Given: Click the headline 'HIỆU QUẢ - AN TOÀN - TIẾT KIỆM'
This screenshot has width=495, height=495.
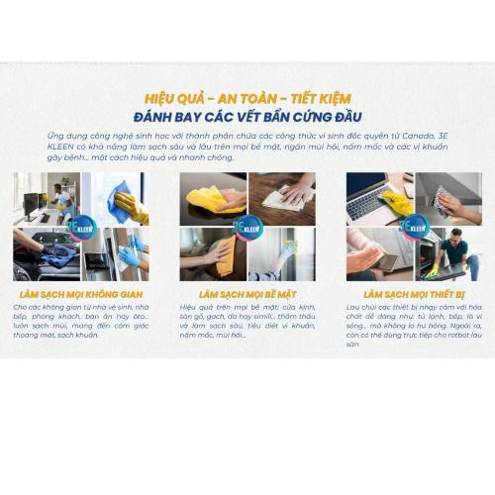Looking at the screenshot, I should (x=247, y=99).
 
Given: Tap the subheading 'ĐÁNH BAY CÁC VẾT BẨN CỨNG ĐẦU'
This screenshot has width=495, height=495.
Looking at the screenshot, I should (x=247, y=117).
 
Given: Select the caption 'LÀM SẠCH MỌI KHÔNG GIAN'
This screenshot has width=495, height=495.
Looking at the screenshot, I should (x=81, y=294).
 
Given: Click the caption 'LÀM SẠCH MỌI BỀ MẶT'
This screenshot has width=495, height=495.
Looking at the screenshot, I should (x=247, y=294).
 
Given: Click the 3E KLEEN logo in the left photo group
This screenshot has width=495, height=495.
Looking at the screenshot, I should (x=81, y=227).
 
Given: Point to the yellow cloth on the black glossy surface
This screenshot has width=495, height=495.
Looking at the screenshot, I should (x=212, y=199).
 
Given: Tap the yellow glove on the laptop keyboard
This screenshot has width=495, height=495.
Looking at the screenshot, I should (x=396, y=203).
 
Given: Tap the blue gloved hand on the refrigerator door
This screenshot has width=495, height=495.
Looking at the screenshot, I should (x=129, y=256).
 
